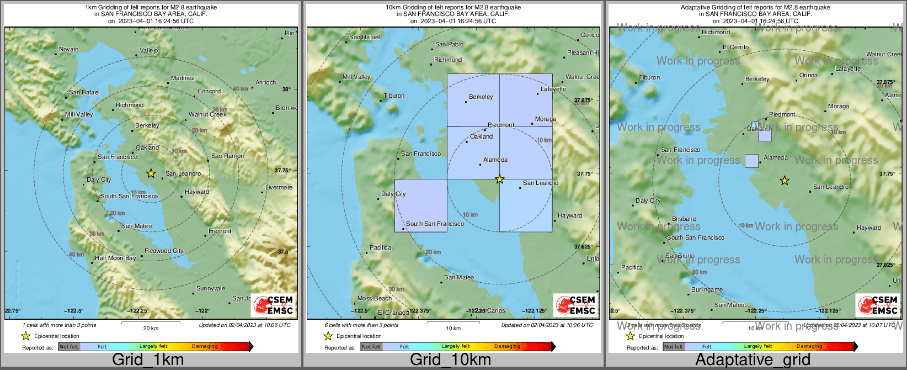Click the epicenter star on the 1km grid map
pyautogui.click(x=151, y=173)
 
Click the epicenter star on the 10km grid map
pyautogui.click(x=499, y=179)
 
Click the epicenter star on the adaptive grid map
pyautogui.click(x=784, y=181)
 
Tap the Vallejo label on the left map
pyautogui.click(x=148, y=50)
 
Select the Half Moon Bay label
pyautogui.click(x=115, y=258)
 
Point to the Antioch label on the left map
pyautogui.click(x=265, y=82)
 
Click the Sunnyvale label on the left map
pyautogui.click(x=211, y=288)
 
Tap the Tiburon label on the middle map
pyautogui.click(x=394, y=96)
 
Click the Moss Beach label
pyautogui.click(x=375, y=298)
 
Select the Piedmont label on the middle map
pyautogui.click(x=501, y=125)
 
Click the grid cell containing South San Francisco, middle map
pyautogui.click(x=420, y=205)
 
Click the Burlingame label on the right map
pyautogui.click(x=707, y=289)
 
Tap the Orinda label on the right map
pyautogui.click(x=808, y=75)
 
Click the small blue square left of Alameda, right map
pyautogui.click(x=751, y=161)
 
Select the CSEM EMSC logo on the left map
pyautogui.click(x=273, y=305)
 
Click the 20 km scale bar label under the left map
pyautogui.click(x=151, y=328)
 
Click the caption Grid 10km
pyautogui.click(x=450, y=360)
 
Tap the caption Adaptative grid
pyautogui.click(x=753, y=360)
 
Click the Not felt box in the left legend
pyautogui.click(x=69, y=347)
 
